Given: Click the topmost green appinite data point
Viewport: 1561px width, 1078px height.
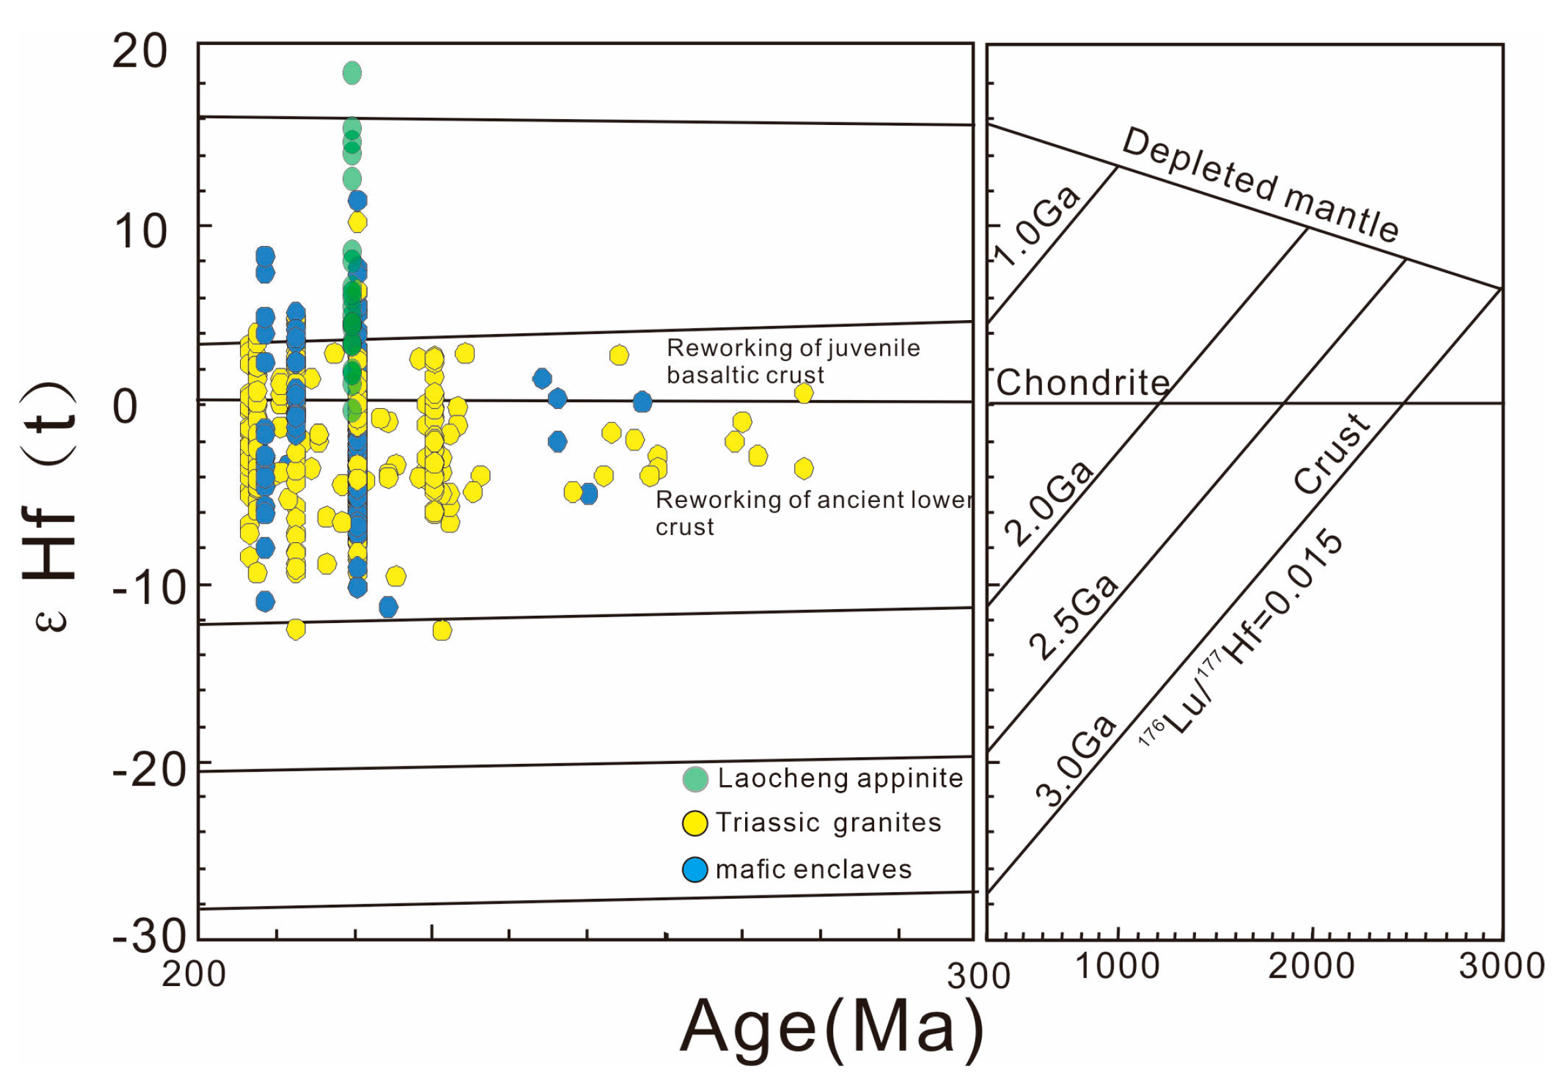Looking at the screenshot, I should coord(352,73).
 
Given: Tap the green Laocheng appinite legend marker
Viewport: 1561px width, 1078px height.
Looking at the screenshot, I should coord(695,779).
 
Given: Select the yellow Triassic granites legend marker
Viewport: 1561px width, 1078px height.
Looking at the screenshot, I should coord(695,823).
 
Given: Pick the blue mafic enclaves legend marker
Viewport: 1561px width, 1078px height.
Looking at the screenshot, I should coord(695,869).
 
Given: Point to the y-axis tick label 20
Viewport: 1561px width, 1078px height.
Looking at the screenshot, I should coord(139,51).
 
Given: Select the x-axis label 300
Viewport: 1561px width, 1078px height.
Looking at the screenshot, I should coord(979,976).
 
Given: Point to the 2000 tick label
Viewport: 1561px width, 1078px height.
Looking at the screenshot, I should coord(1310,966).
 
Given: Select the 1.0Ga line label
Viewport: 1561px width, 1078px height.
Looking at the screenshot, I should coord(1037,226).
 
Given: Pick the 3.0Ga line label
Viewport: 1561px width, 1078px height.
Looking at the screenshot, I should coord(1076,762).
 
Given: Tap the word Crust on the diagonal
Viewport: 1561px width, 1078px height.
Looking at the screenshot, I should coord(1331,454).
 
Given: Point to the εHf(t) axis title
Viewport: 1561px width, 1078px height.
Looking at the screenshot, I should coord(51,507).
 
